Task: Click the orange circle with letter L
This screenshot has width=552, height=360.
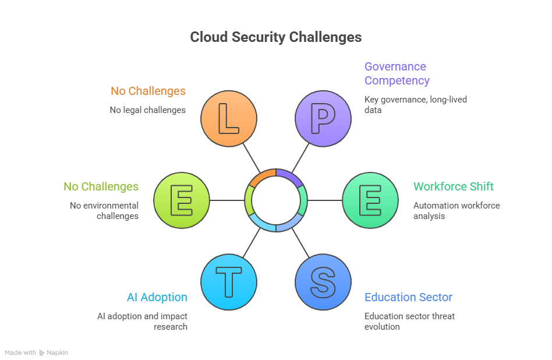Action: (229, 119)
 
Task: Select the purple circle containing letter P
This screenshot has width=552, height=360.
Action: (323, 119)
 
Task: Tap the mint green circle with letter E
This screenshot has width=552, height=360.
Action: (370, 200)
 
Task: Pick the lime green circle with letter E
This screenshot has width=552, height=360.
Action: (182, 200)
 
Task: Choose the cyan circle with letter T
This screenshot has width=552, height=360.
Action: (229, 282)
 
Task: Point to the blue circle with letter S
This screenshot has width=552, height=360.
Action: (323, 282)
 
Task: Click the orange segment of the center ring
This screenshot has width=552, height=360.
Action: (262, 175)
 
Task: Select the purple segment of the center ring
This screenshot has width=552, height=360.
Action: (290, 175)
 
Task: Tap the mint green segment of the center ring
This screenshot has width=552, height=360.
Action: (303, 200)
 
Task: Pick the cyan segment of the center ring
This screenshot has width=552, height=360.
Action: (261, 225)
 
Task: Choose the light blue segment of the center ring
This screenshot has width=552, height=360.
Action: (290, 225)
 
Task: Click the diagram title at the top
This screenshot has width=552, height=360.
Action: (276, 38)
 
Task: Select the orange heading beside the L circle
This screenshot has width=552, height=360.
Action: (149, 91)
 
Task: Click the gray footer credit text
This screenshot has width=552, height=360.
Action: (35, 354)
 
